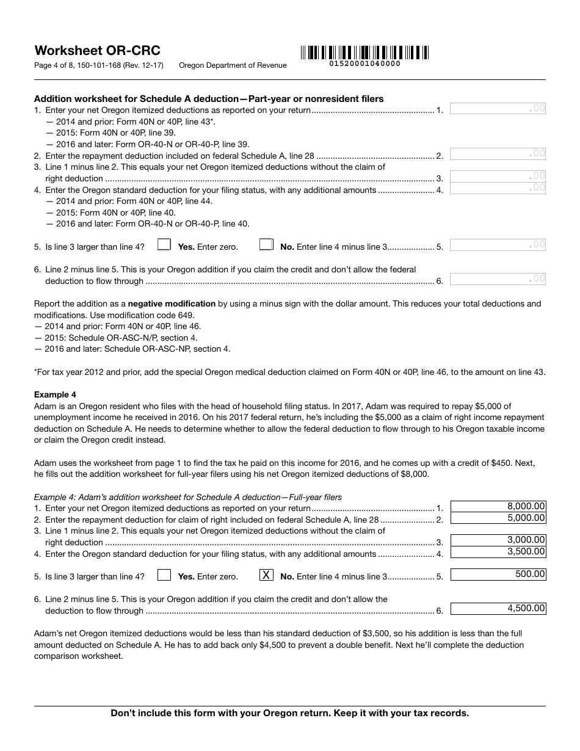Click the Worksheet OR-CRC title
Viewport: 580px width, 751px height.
tap(97, 51)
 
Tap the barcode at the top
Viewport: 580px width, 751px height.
tap(364, 53)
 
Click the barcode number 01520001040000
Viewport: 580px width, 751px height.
tap(365, 63)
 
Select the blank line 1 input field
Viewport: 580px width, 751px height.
tap(498, 109)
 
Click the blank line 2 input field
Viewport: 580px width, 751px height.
tap(498, 154)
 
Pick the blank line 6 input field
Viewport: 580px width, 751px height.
tap(498, 279)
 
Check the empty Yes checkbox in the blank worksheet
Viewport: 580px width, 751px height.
tap(164, 245)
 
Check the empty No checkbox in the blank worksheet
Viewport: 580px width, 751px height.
tap(266, 245)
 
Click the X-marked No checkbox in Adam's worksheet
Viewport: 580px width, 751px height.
tap(266, 575)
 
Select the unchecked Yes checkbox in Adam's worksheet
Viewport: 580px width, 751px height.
tap(164, 575)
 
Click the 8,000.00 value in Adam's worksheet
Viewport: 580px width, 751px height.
tap(498, 506)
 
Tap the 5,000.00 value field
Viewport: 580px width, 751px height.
tap(498, 518)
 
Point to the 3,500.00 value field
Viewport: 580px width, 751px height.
tap(498, 551)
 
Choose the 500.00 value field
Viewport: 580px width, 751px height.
tap(498, 574)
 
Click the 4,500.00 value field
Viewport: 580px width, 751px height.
tap(498, 608)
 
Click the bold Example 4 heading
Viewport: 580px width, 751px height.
tap(55, 394)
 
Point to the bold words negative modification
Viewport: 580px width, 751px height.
tap(172, 303)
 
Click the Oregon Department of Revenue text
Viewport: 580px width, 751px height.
tap(233, 65)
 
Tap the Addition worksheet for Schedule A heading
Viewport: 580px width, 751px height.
tap(208, 98)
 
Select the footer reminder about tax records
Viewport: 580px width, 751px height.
tap(289, 713)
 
